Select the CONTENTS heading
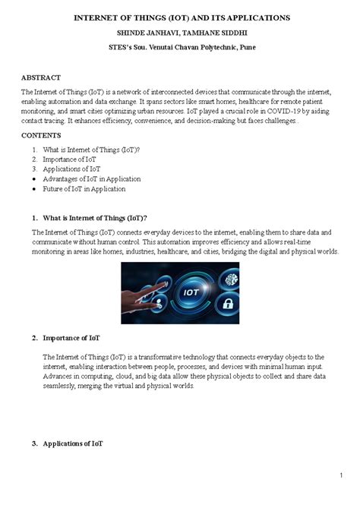[x=42, y=134]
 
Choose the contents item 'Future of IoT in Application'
[x=84, y=188]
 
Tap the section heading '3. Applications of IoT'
[x=68, y=443]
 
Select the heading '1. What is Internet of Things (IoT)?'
[x=89, y=218]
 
